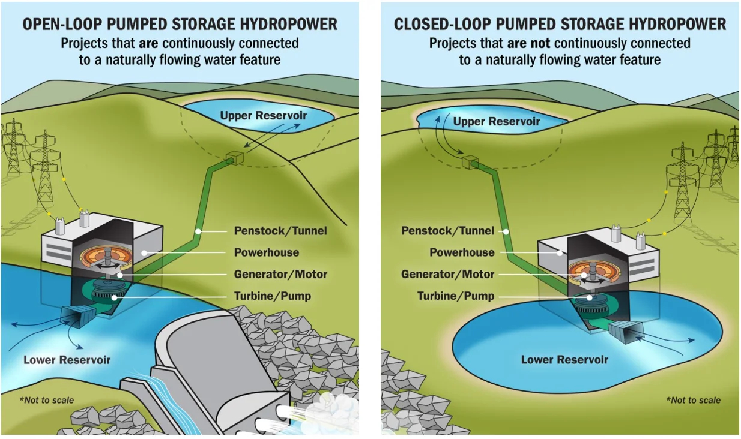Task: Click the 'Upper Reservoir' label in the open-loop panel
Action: (264, 116)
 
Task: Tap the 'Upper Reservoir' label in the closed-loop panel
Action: (496, 122)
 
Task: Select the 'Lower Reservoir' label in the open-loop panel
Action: (67, 360)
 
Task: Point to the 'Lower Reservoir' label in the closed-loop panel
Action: (564, 360)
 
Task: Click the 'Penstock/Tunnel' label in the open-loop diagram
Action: (280, 231)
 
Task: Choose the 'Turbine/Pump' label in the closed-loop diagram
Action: (456, 296)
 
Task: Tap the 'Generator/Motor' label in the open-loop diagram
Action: (280, 274)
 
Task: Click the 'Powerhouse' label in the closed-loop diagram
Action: (462, 252)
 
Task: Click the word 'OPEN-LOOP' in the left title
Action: (61, 25)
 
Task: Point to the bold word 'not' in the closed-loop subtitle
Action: (540, 43)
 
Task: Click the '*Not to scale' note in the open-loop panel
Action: (47, 401)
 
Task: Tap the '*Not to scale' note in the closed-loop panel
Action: (694, 401)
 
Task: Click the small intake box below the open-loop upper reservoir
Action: (235, 158)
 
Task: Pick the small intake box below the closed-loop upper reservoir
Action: (470, 162)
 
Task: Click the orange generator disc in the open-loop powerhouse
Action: (106, 258)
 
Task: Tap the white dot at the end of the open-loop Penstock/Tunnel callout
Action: (198, 231)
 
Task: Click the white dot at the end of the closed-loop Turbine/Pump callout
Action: (590, 297)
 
